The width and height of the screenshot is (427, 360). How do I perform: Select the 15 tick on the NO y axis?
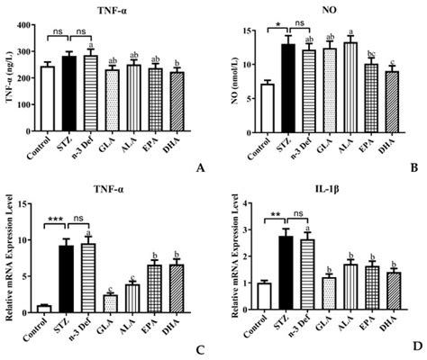pos(245,30)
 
